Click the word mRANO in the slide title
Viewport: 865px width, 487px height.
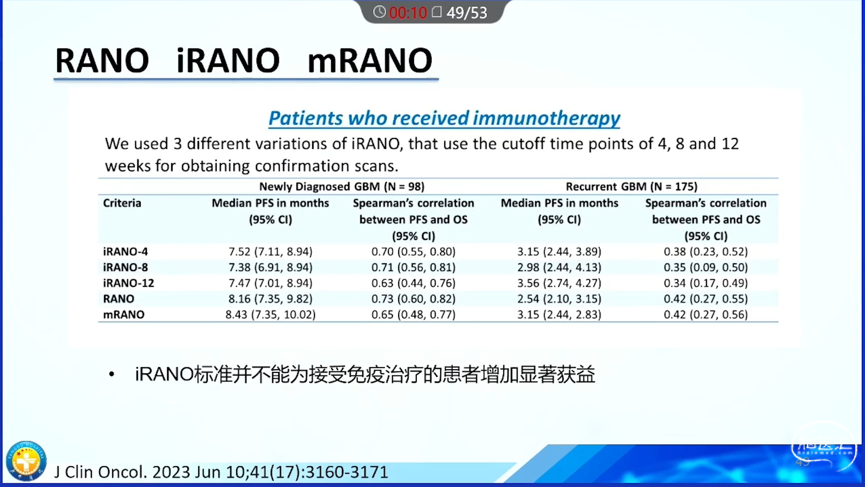(369, 60)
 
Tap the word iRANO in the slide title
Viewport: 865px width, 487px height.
(228, 60)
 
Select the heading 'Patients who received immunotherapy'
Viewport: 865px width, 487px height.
(444, 118)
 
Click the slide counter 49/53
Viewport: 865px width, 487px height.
(467, 13)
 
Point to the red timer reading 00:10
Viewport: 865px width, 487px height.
(408, 13)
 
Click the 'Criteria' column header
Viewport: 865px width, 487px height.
(122, 203)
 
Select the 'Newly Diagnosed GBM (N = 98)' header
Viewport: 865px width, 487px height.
(342, 187)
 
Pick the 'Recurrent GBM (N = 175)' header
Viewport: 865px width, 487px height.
(632, 187)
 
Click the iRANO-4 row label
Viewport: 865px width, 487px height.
(125, 252)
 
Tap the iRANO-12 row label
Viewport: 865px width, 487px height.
(128, 283)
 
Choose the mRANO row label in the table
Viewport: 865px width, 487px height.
(124, 315)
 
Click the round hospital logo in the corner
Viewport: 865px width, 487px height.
(26, 461)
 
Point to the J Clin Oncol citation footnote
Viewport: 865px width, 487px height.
(221, 472)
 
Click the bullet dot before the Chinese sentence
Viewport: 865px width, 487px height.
(112, 374)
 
